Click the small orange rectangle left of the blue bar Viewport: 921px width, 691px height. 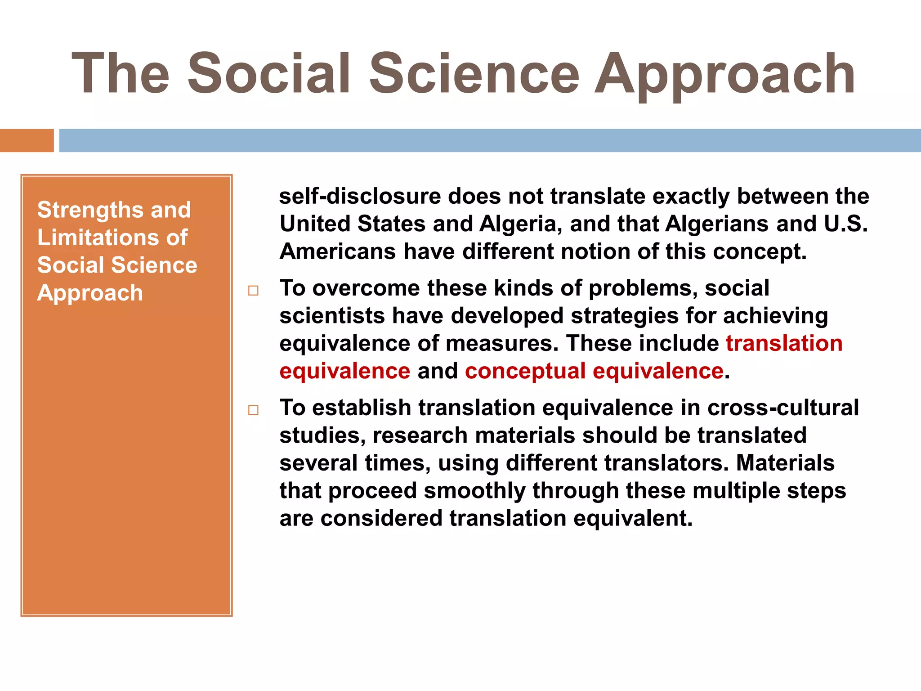click(x=27, y=140)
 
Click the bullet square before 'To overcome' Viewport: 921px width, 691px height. click(x=253, y=291)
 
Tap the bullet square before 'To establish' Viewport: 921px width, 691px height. click(x=253, y=410)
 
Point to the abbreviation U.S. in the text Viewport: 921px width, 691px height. click(x=845, y=224)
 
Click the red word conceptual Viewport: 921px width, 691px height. click(x=525, y=371)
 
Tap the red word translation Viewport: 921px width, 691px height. click(x=784, y=344)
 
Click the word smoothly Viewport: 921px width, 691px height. click(x=474, y=491)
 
